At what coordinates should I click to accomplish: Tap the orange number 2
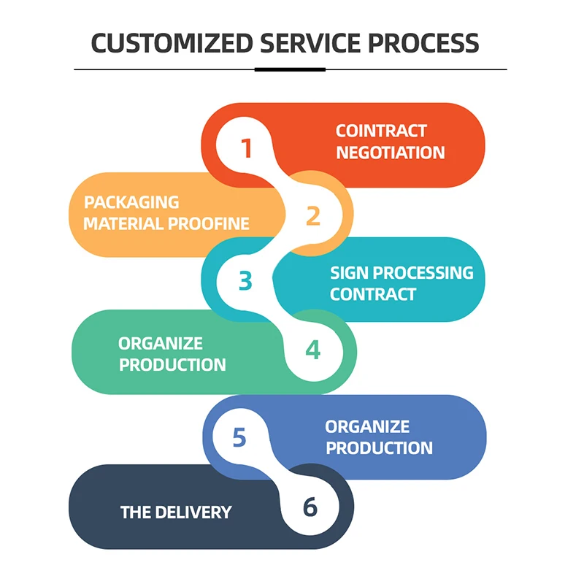click(312, 216)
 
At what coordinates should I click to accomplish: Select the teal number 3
click(245, 281)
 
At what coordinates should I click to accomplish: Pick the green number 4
click(312, 350)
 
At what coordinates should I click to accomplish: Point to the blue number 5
click(239, 437)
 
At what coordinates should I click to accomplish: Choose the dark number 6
click(310, 507)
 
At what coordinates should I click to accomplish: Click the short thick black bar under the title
click(290, 69)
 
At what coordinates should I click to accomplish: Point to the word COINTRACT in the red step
click(381, 131)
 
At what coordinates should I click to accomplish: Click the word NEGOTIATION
click(390, 153)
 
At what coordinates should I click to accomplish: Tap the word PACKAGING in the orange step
click(131, 202)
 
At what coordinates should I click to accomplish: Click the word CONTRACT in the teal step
click(373, 294)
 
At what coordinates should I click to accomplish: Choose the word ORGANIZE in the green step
click(161, 343)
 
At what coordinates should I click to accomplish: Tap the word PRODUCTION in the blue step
click(379, 447)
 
